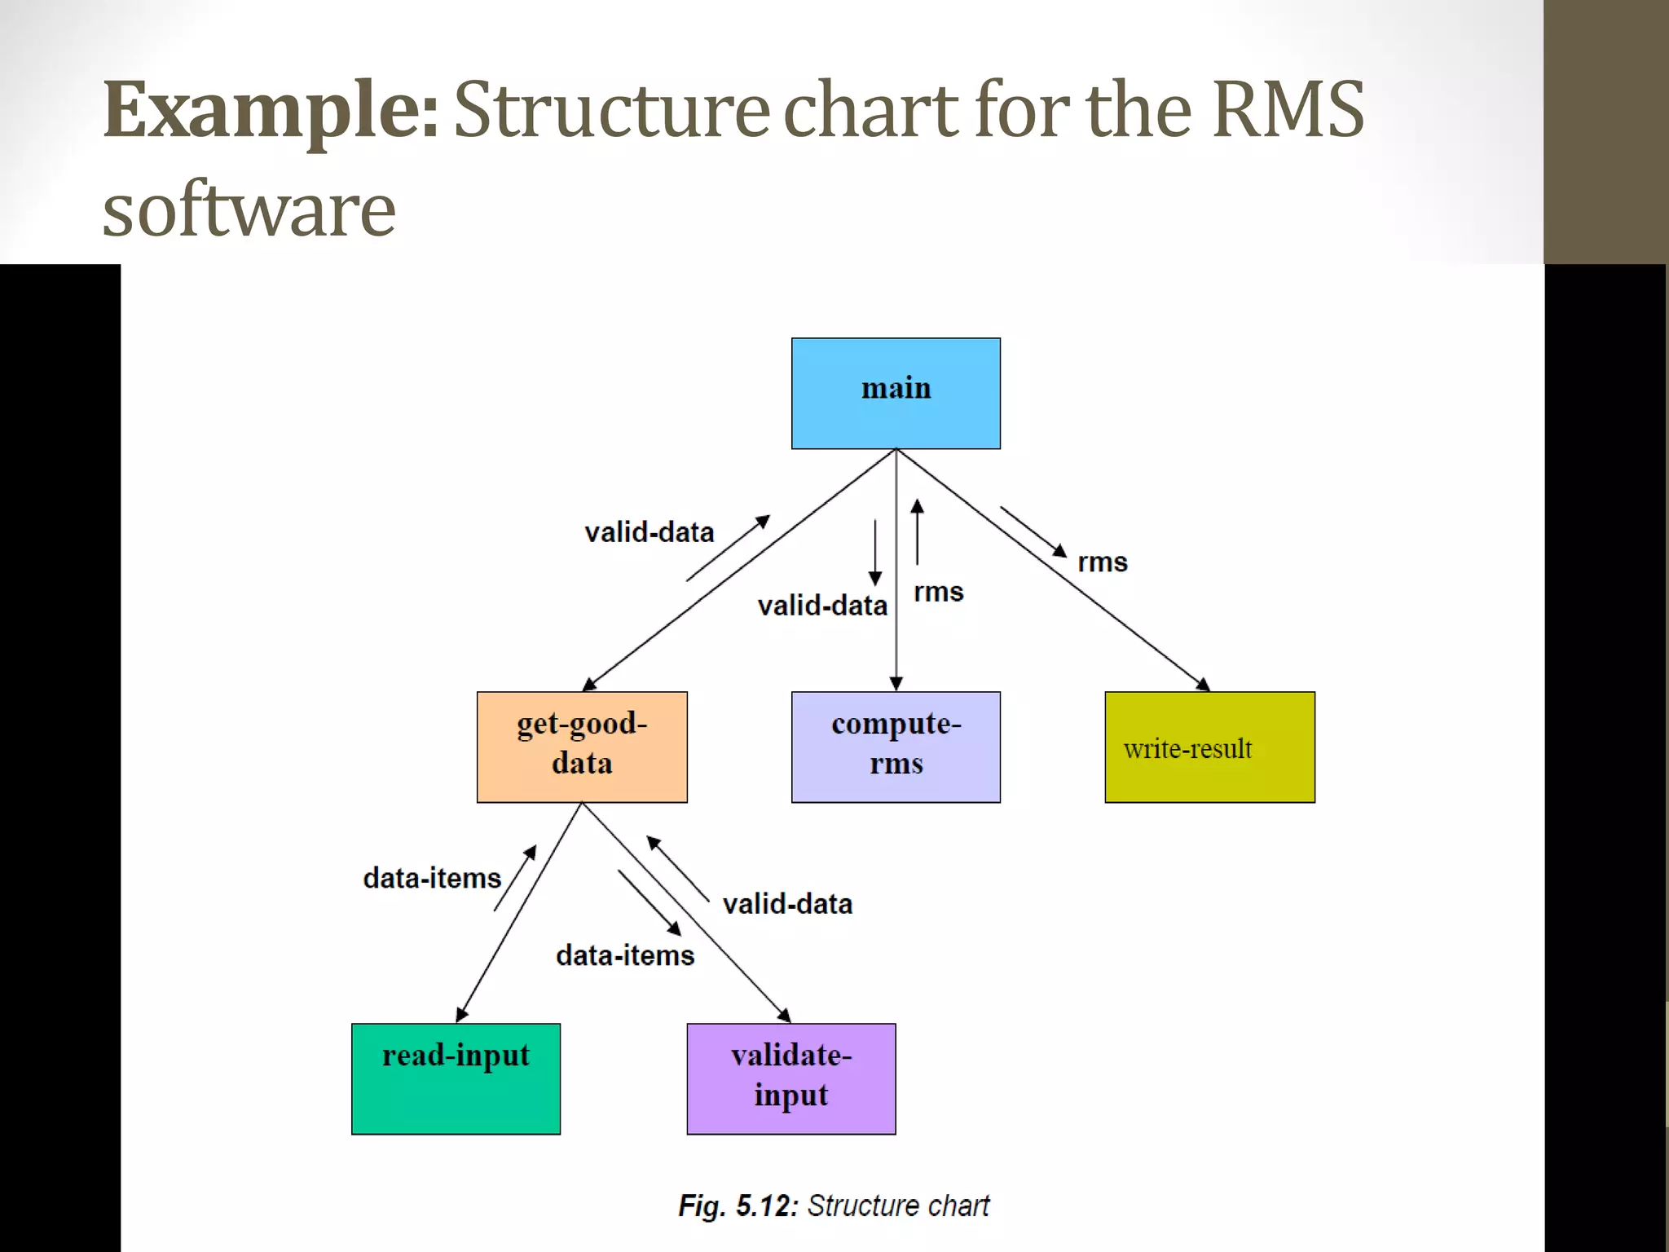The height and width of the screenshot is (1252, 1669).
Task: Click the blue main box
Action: pyautogui.click(x=896, y=393)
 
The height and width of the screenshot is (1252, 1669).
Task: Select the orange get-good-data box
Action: pyautogui.click(x=582, y=747)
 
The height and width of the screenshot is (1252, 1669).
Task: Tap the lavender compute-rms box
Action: pyautogui.click(x=896, y=747)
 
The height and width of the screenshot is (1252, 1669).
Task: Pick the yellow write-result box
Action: pyautogui.click(x=1209, y=747)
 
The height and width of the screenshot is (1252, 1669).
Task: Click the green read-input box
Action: pyautogui.click(x=456, y=1078)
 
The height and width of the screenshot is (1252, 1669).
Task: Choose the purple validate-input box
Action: pyautogui.click(x=790, y=1078)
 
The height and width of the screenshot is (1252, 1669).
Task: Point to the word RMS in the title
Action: pyautogui.click(x=1288, y=110)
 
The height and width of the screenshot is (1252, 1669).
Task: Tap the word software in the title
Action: pyautogui.click(x=249, y=210)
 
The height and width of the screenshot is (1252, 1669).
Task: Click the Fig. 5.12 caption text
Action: pyautogui.click(x=833, y=1205)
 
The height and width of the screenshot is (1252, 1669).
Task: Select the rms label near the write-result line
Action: pyautogui.click(x=1102, y=562)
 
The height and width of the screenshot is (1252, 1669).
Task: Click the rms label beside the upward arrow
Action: pyautogui.click(x=938, y=591)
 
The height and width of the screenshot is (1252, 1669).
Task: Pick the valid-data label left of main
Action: pyautogui.click(x=649, y=532)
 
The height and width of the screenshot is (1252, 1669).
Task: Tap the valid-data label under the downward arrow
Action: pyautogui.click(x=821, y=606)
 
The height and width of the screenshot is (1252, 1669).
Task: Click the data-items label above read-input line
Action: pyautogui.click(x=432, y=878)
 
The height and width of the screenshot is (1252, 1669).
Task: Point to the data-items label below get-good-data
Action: pyautogui.click(x=625, y=954)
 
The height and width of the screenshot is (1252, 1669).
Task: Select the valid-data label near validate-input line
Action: pyautogui.click(x=787, y=903)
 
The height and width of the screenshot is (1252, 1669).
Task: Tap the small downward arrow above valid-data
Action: pyautogui.click(x=875, y=553)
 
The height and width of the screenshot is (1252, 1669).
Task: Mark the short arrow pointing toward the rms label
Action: pyautogui.click(x=1033, y=531)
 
